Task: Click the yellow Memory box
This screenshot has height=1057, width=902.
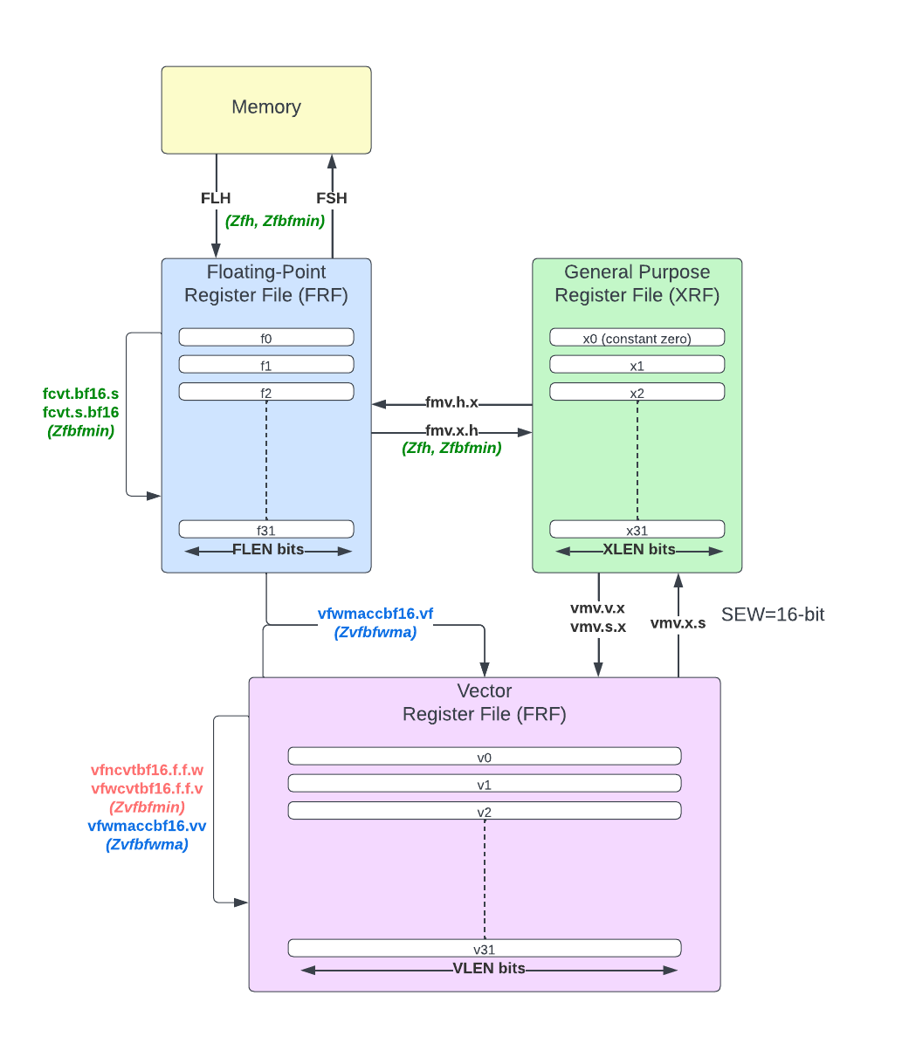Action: click(266, 110)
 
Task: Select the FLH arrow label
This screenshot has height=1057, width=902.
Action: click(216, 198)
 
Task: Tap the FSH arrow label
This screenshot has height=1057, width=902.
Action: click(332, 198)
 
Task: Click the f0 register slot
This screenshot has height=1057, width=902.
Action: click(266, 338)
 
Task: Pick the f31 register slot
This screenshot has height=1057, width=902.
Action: click(266, 529)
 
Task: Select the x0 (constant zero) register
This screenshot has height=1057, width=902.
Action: click(637, 338)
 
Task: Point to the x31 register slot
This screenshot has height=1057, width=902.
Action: click(637, 529)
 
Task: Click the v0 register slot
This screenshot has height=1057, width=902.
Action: click(485, 757)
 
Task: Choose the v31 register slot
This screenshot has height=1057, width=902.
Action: click(485, 949)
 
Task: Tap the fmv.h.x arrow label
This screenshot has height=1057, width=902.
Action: click(451, 402)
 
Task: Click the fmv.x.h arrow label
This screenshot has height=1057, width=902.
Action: click(451, 430)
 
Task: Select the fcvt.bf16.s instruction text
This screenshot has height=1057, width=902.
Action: click(80, 394)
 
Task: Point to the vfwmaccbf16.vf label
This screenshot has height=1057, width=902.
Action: click(375, 614)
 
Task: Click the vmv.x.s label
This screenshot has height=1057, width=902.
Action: click(678, 623)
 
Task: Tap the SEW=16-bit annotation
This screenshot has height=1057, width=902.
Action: click(773, 614)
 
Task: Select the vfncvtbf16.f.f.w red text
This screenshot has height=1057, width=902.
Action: click(147, 770)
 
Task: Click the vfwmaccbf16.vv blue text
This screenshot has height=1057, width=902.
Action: click(147, 826)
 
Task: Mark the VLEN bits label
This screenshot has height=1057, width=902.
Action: click(489, 969)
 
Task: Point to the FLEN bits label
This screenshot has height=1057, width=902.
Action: click(268, 549)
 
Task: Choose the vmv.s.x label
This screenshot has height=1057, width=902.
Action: click(598, 627)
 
